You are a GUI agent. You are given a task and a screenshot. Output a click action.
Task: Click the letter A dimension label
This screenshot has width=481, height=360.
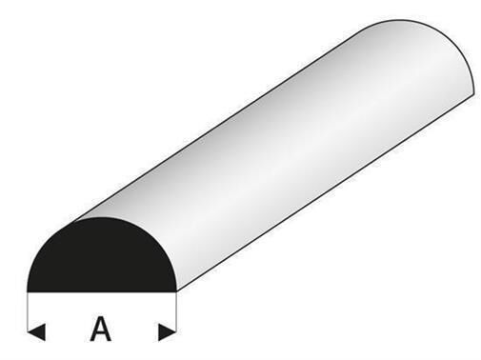point(101,329)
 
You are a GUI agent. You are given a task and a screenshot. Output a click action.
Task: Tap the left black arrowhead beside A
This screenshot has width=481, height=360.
point(36,332)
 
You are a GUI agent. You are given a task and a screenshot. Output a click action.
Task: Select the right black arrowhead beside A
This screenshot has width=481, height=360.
point(167,332)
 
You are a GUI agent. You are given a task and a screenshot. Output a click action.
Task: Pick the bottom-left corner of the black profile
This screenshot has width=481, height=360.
point(27,292)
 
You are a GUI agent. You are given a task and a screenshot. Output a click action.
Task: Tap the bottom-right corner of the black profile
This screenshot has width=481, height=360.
point(176,292)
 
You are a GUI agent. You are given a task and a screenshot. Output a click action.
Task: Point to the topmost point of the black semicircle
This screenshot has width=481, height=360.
point(102,218)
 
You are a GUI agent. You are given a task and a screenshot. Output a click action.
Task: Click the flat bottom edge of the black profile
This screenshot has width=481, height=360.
point(102,291)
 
